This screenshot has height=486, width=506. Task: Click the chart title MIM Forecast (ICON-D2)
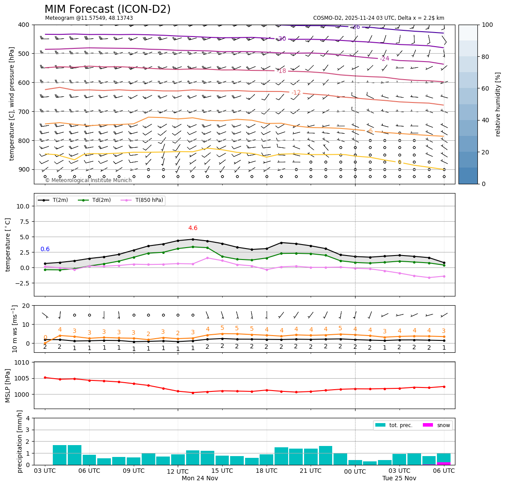(107, 9)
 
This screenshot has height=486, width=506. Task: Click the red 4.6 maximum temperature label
(193, 228)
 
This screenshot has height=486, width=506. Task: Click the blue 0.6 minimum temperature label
(45, 249)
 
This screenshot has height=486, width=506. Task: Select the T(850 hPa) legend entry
(145, 201)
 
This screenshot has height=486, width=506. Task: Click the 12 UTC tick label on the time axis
(178, 471)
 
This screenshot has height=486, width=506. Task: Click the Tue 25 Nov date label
(399, 479)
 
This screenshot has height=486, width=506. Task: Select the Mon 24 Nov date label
(200, 479)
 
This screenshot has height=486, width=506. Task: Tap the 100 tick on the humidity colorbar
(487, 25)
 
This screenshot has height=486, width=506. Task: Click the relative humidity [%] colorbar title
(498, 104)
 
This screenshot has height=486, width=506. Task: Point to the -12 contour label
(296, 92)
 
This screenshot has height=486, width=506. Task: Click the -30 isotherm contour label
(281, 39)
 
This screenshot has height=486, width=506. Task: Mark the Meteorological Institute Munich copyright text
(88, 180)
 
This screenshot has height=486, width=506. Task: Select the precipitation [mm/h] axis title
(20, 441)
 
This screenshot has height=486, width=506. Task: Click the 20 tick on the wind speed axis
(26, 306)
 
